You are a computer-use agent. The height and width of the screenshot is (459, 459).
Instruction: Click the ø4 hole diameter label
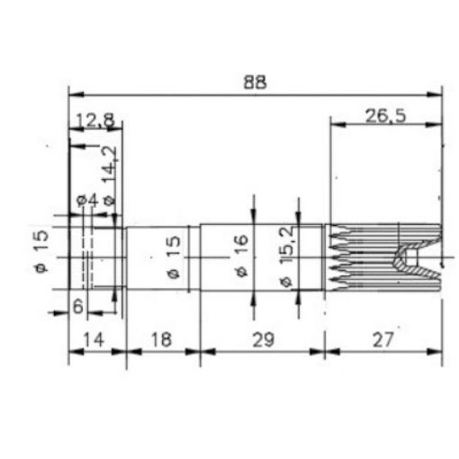86,200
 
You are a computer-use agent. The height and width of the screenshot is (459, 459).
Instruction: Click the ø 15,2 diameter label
287,256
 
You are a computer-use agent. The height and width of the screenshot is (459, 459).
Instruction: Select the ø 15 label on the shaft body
173,257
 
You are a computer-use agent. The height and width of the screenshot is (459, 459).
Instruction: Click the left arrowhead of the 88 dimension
74,94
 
